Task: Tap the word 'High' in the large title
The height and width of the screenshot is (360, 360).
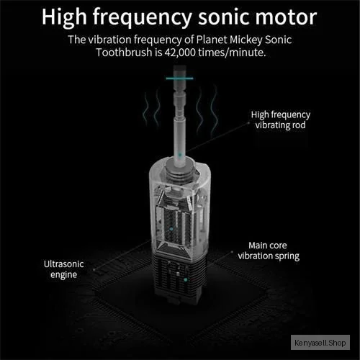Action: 64,17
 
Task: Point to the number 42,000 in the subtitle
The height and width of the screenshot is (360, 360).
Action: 180,53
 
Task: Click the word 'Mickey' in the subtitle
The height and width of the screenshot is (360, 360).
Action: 246,40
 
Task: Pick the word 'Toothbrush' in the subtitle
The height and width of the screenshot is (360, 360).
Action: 124,53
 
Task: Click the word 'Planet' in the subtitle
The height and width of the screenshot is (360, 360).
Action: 212,40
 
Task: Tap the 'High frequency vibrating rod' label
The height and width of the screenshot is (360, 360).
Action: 281,120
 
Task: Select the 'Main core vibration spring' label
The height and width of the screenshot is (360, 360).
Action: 269,251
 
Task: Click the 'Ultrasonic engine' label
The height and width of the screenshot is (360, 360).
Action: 64,269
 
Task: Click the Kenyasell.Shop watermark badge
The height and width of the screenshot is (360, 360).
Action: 320,343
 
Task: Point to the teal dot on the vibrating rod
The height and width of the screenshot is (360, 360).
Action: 180,155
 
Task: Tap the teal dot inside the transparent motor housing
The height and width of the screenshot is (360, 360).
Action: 171,229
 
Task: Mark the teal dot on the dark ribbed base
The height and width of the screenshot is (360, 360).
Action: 185,279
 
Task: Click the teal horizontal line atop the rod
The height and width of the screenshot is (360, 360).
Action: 179,78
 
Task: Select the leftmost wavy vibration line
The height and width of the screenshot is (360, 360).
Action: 145,109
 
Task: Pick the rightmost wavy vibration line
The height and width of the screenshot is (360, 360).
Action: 215,110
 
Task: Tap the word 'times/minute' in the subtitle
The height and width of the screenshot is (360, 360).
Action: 232,53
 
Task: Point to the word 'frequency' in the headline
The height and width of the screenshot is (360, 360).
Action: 143,17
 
